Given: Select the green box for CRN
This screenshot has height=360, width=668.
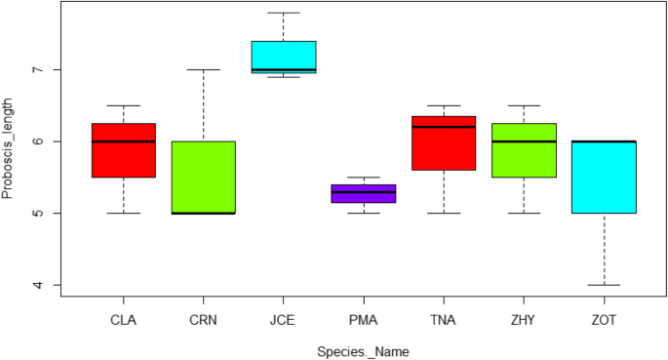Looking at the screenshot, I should coord(203,178).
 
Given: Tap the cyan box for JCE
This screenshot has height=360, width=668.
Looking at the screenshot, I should coord(284,57).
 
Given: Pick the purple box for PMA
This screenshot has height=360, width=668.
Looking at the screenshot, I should coord(364,193).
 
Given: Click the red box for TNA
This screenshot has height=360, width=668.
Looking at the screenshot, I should coord(444,143).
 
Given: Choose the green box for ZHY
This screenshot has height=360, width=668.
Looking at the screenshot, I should coord(524,150).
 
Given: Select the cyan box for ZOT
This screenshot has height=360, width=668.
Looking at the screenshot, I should coord(604,178).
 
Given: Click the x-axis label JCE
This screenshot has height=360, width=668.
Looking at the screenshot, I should coord(284,319).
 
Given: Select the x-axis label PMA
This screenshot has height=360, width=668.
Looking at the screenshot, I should coord(364,319).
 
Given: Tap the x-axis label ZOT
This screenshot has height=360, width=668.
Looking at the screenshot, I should coord(604,319).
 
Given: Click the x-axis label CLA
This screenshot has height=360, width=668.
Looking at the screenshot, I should coord(124,319).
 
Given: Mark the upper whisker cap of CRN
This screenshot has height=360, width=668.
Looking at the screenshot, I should coord(203,70).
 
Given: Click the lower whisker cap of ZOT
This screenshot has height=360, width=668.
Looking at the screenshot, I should coord(604,285).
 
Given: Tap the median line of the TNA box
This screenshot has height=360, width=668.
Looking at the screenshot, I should coord(444,127).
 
